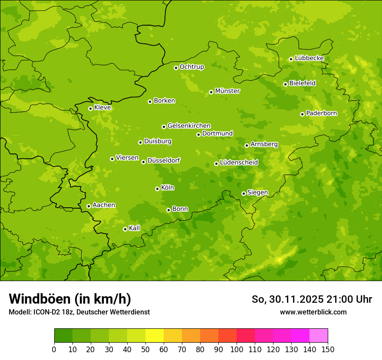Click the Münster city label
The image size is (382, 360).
tap(227, 91)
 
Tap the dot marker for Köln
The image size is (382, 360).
tap(157, 189)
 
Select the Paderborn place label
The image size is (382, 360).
tap(321, 113)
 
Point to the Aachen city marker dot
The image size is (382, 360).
tap(89, 206)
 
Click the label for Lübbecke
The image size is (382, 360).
tap(309, 58)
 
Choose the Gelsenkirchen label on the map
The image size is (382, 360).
tap(189, 126)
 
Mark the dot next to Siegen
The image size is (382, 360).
tap(244, 193)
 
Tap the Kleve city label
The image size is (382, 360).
tap(102, 108)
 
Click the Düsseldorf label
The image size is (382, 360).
tap(163, 160)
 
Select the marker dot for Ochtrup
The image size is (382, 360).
tap(176, 68)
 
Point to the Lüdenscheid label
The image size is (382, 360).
tap(239, 163)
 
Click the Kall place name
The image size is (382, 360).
tap(134, 228)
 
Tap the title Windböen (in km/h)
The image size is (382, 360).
tap(70, 299)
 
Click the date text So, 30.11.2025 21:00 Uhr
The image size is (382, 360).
tap(312, 299)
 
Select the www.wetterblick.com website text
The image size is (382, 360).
tap(313, 312)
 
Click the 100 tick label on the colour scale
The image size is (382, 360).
tap(236, 350)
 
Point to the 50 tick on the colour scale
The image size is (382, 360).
tap(145, 350)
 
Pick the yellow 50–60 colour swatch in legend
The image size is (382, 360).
tap(154, 336)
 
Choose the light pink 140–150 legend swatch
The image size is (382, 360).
tap(318, 336)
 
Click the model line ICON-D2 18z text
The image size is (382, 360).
tap(79, 312)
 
